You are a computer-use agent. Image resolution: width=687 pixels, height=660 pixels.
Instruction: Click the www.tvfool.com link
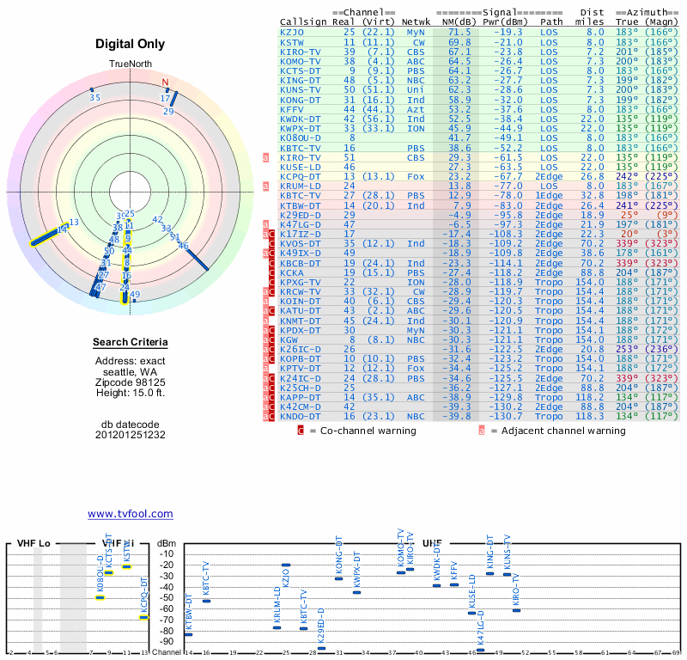(131, 514)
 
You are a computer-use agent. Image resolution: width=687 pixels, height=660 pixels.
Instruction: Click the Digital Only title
(131, 44)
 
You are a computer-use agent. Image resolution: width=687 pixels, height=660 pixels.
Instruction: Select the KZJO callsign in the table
(292, 31)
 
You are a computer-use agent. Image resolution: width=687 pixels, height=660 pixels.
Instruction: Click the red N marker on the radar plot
(166, 83)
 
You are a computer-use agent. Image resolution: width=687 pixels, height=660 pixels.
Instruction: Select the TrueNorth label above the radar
(131, 64)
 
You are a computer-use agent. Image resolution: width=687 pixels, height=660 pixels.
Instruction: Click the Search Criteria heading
(131, 343)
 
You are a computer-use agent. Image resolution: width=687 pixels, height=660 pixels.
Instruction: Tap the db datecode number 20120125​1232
(131, 434)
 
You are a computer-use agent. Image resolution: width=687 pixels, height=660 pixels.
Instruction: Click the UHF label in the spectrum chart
(433, 544)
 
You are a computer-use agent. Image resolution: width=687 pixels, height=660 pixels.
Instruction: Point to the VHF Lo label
(33, 544)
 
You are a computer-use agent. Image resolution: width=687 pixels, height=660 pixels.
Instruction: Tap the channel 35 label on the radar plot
(94, 97)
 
